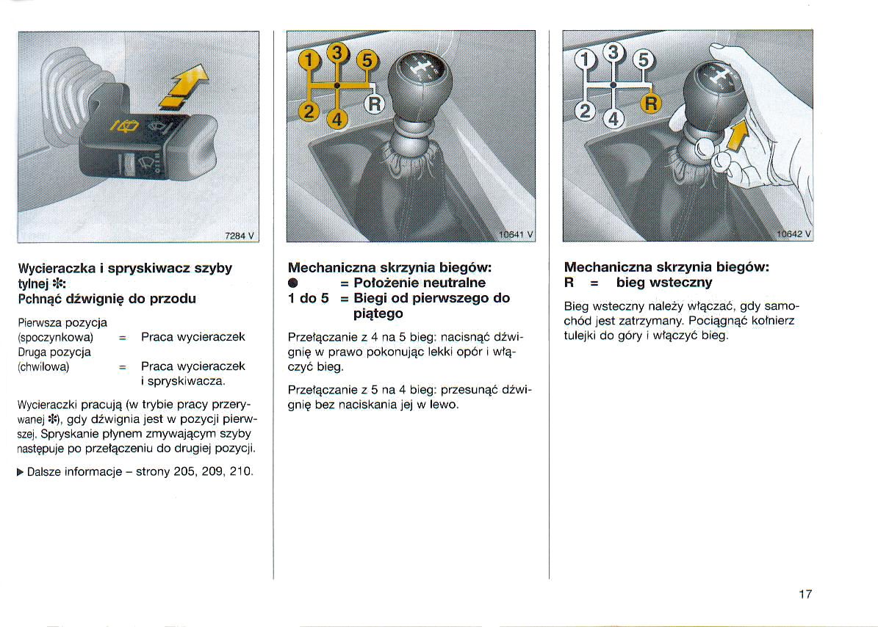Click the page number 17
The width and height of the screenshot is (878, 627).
pyautogui.click(x=805, y=594)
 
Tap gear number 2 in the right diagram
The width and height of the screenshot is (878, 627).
pyautogui.click(x=585, y=112)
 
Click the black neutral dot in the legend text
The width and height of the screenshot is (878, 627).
pyautogui.click(x=292, y=283)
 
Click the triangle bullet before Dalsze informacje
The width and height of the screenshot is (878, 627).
pyautogui.click(x=20, y=471)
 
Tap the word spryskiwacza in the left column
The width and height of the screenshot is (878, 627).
pyautogui.click(x=182, y=382)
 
